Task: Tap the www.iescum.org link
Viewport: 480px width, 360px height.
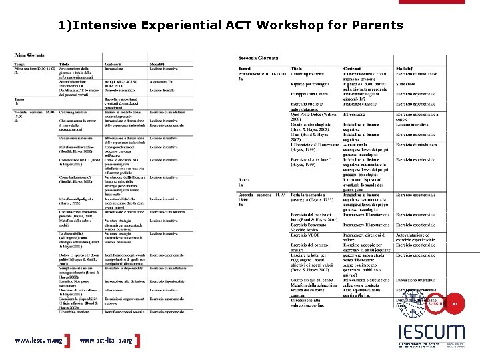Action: (x=39, y=340)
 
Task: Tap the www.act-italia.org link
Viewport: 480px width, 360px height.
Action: (x=105, y=340)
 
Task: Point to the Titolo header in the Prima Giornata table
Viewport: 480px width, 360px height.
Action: (x=67, y=64)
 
